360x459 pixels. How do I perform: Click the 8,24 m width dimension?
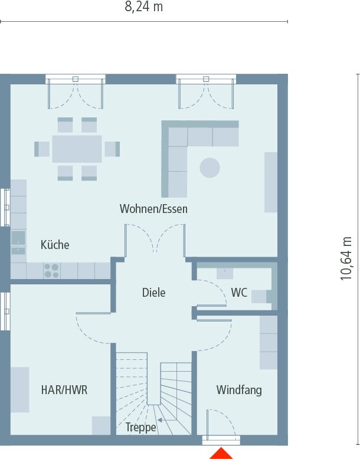click(144, 7)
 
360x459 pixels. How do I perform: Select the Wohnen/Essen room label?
click(153, 209)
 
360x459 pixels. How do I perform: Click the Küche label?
click(55, 245)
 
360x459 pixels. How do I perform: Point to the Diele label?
click(153, 292)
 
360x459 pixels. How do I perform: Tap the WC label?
click(239, 293)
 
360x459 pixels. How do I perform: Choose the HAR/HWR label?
click(64, 390)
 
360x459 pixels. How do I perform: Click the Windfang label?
click(238, 390)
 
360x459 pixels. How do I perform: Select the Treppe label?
click(140, 427)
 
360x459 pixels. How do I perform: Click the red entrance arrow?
click(222, 453)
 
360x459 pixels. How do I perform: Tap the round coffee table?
click(210, 168)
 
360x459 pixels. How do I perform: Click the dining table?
click(77, 149)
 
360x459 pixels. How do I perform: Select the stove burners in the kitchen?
click(51, 270)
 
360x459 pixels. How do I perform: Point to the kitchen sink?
click(18, 238)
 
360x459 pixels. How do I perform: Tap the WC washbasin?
click(225, 273)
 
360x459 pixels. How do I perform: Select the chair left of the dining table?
click(42, 149)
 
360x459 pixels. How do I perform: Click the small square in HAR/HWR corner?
click(100, 425)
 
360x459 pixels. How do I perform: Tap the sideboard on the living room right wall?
click(271, 182)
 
